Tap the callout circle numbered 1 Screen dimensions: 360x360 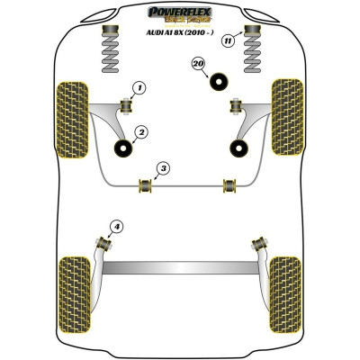click(139, 87)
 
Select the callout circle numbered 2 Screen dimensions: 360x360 click(139, 133)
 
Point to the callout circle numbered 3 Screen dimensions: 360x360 click(161, 167)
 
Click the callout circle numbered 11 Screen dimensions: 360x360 click(228, 40)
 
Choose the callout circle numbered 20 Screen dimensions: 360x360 click(198, 62)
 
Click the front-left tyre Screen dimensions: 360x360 click(71, 112)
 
